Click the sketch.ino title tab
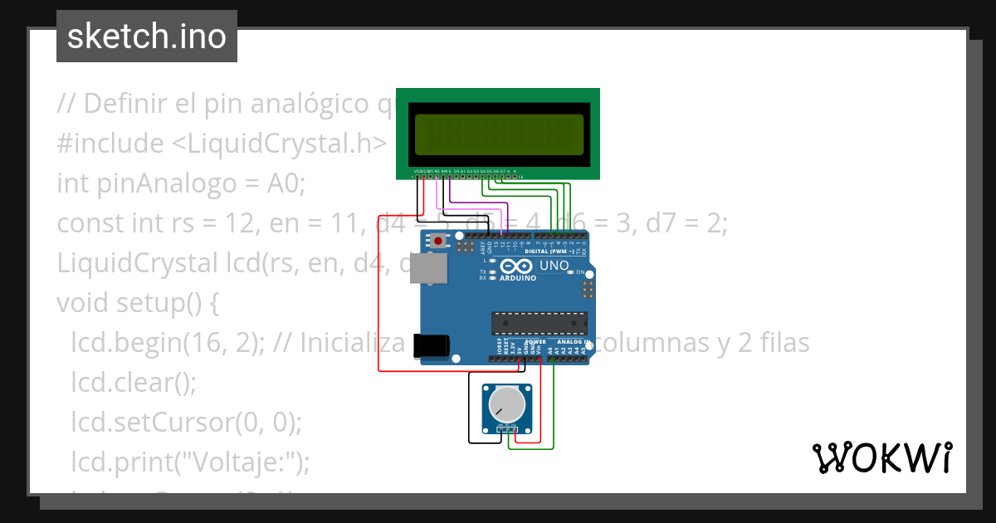tap(147, 37)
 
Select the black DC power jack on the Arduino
tap(432, 346)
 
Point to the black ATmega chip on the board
tap(539, 322)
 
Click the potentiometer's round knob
tap(506, 405)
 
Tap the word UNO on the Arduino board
tap(554, 266)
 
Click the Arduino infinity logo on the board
tap(517, 266)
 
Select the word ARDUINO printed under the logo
tap(517, 278)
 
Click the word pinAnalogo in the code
tap(160, 183)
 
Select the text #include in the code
tap(110, 144)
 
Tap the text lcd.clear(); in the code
tap(134, 383)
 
